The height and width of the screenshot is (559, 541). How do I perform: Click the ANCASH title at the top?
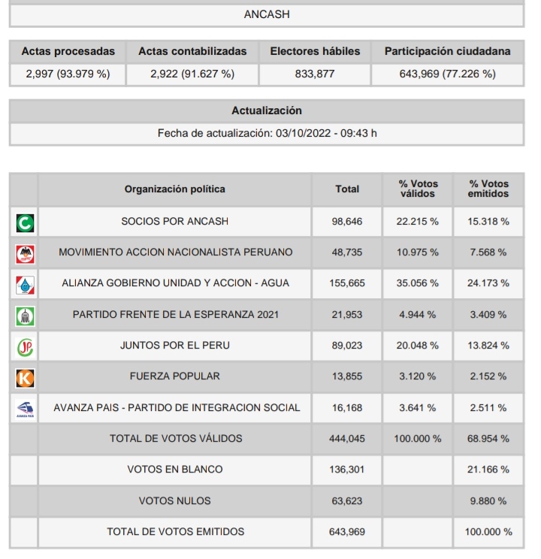pyautogui.click(x=267, y=14)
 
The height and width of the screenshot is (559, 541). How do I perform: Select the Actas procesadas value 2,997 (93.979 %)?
pyautogui.click(x=68, y=74)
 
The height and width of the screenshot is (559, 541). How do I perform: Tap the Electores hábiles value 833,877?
pyautogui.click(x=315, y=74)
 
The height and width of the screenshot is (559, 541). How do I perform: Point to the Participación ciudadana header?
pyautogui.click(x=447, y=51)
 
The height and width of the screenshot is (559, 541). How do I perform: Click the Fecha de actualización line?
pyautogui.click(x=267, y=133)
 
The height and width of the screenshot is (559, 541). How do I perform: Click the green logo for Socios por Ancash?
pyautogui.click(x=25, y=222)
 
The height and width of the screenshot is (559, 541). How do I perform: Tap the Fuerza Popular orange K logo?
pyautogui.click(x=25, y=376)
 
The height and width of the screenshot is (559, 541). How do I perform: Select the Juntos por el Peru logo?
pyautogui.click(x=25, y=346)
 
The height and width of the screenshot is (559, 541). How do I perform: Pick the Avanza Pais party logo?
pyautogui.click(x=25, y=408)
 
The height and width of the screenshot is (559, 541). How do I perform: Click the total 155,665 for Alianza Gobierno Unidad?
pyautogui.click(x=346, y=283)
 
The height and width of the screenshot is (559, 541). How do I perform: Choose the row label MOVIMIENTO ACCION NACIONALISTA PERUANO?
pyautogui.click(x=175, y=252)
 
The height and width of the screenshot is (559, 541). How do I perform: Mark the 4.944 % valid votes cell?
pyautogui.click(x=418, y=314)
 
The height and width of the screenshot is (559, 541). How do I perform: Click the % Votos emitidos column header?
pyautogui.click(x=488, y=189)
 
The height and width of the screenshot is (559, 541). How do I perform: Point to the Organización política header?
pyautogui.click(x=174, y=189)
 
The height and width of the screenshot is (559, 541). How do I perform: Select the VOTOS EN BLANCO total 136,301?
pyautogui.click(x=346, y=470)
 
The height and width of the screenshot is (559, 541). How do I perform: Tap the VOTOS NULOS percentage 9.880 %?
pyautogui.click(x=488, y=500)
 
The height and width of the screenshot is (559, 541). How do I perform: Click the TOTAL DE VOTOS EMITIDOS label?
pyautogui.click(x=175, y=531)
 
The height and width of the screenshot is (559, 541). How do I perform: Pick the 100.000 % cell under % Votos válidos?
pyautogui.click(x=418, y=438)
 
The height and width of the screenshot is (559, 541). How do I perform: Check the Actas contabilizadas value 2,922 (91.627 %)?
pyautogui.click(x=192, y=74)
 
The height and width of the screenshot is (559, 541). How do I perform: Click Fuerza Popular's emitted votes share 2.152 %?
pyautogui.click(x=488, y=376)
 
